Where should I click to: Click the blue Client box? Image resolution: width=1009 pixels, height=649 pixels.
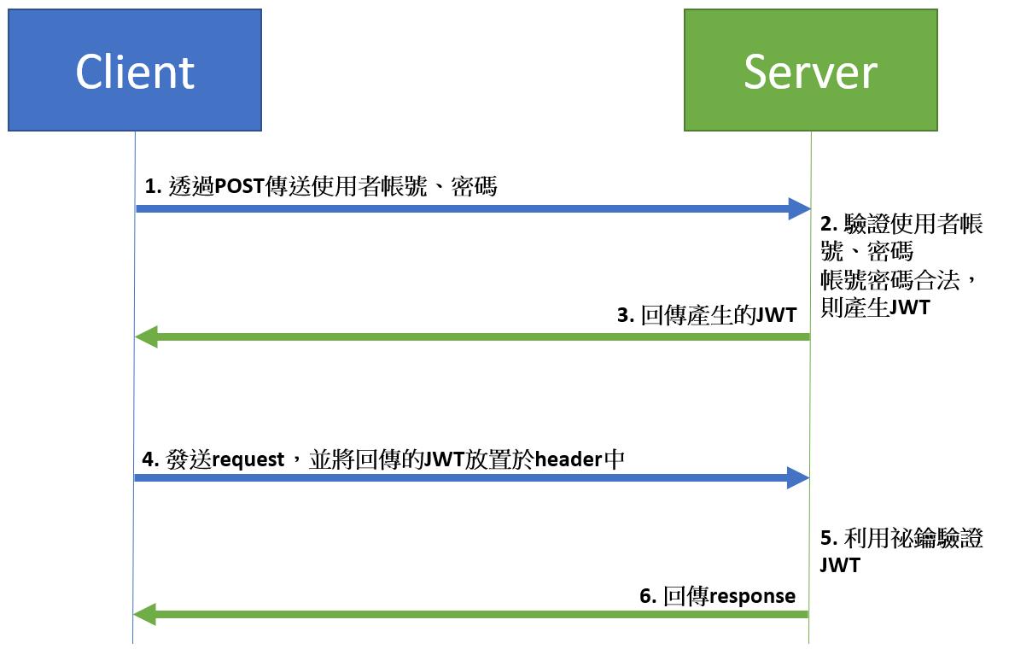tap(135, 70)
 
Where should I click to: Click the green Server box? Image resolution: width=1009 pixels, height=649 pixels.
tap(811, 70)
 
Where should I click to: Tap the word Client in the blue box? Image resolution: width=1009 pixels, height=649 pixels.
tap(135, 72)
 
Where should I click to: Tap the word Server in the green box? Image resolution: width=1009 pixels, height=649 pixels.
tap(811, 72)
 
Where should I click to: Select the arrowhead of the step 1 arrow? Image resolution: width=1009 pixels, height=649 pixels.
tap(800, 208)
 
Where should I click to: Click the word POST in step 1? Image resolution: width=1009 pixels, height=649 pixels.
tap(239, 187)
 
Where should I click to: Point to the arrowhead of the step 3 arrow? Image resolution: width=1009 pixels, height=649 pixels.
tap(146, 336)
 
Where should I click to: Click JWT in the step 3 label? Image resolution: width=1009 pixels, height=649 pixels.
tap(775, 315)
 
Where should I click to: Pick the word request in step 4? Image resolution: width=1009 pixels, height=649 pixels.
tap(248, 459)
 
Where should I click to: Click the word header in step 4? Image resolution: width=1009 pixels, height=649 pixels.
tap(569, 459)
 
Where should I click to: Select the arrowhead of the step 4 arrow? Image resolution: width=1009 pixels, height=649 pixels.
tap(798, 477)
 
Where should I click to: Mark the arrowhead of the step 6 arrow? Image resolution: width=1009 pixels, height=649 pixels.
tap(145, 614)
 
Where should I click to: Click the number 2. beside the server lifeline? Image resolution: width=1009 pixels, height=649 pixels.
tap(829, 224)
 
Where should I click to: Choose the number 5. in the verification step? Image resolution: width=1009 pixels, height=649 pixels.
tap(829, 538)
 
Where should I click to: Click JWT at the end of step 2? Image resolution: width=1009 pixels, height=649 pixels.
tap(910, 307)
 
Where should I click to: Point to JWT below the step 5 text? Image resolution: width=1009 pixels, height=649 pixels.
tap(840, 565)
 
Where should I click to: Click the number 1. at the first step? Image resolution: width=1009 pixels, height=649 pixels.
tap(153, 187)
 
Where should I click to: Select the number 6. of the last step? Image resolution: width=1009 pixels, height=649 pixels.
tap(648, 596)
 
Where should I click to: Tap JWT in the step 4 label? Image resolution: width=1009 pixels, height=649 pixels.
tap(445, 459)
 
